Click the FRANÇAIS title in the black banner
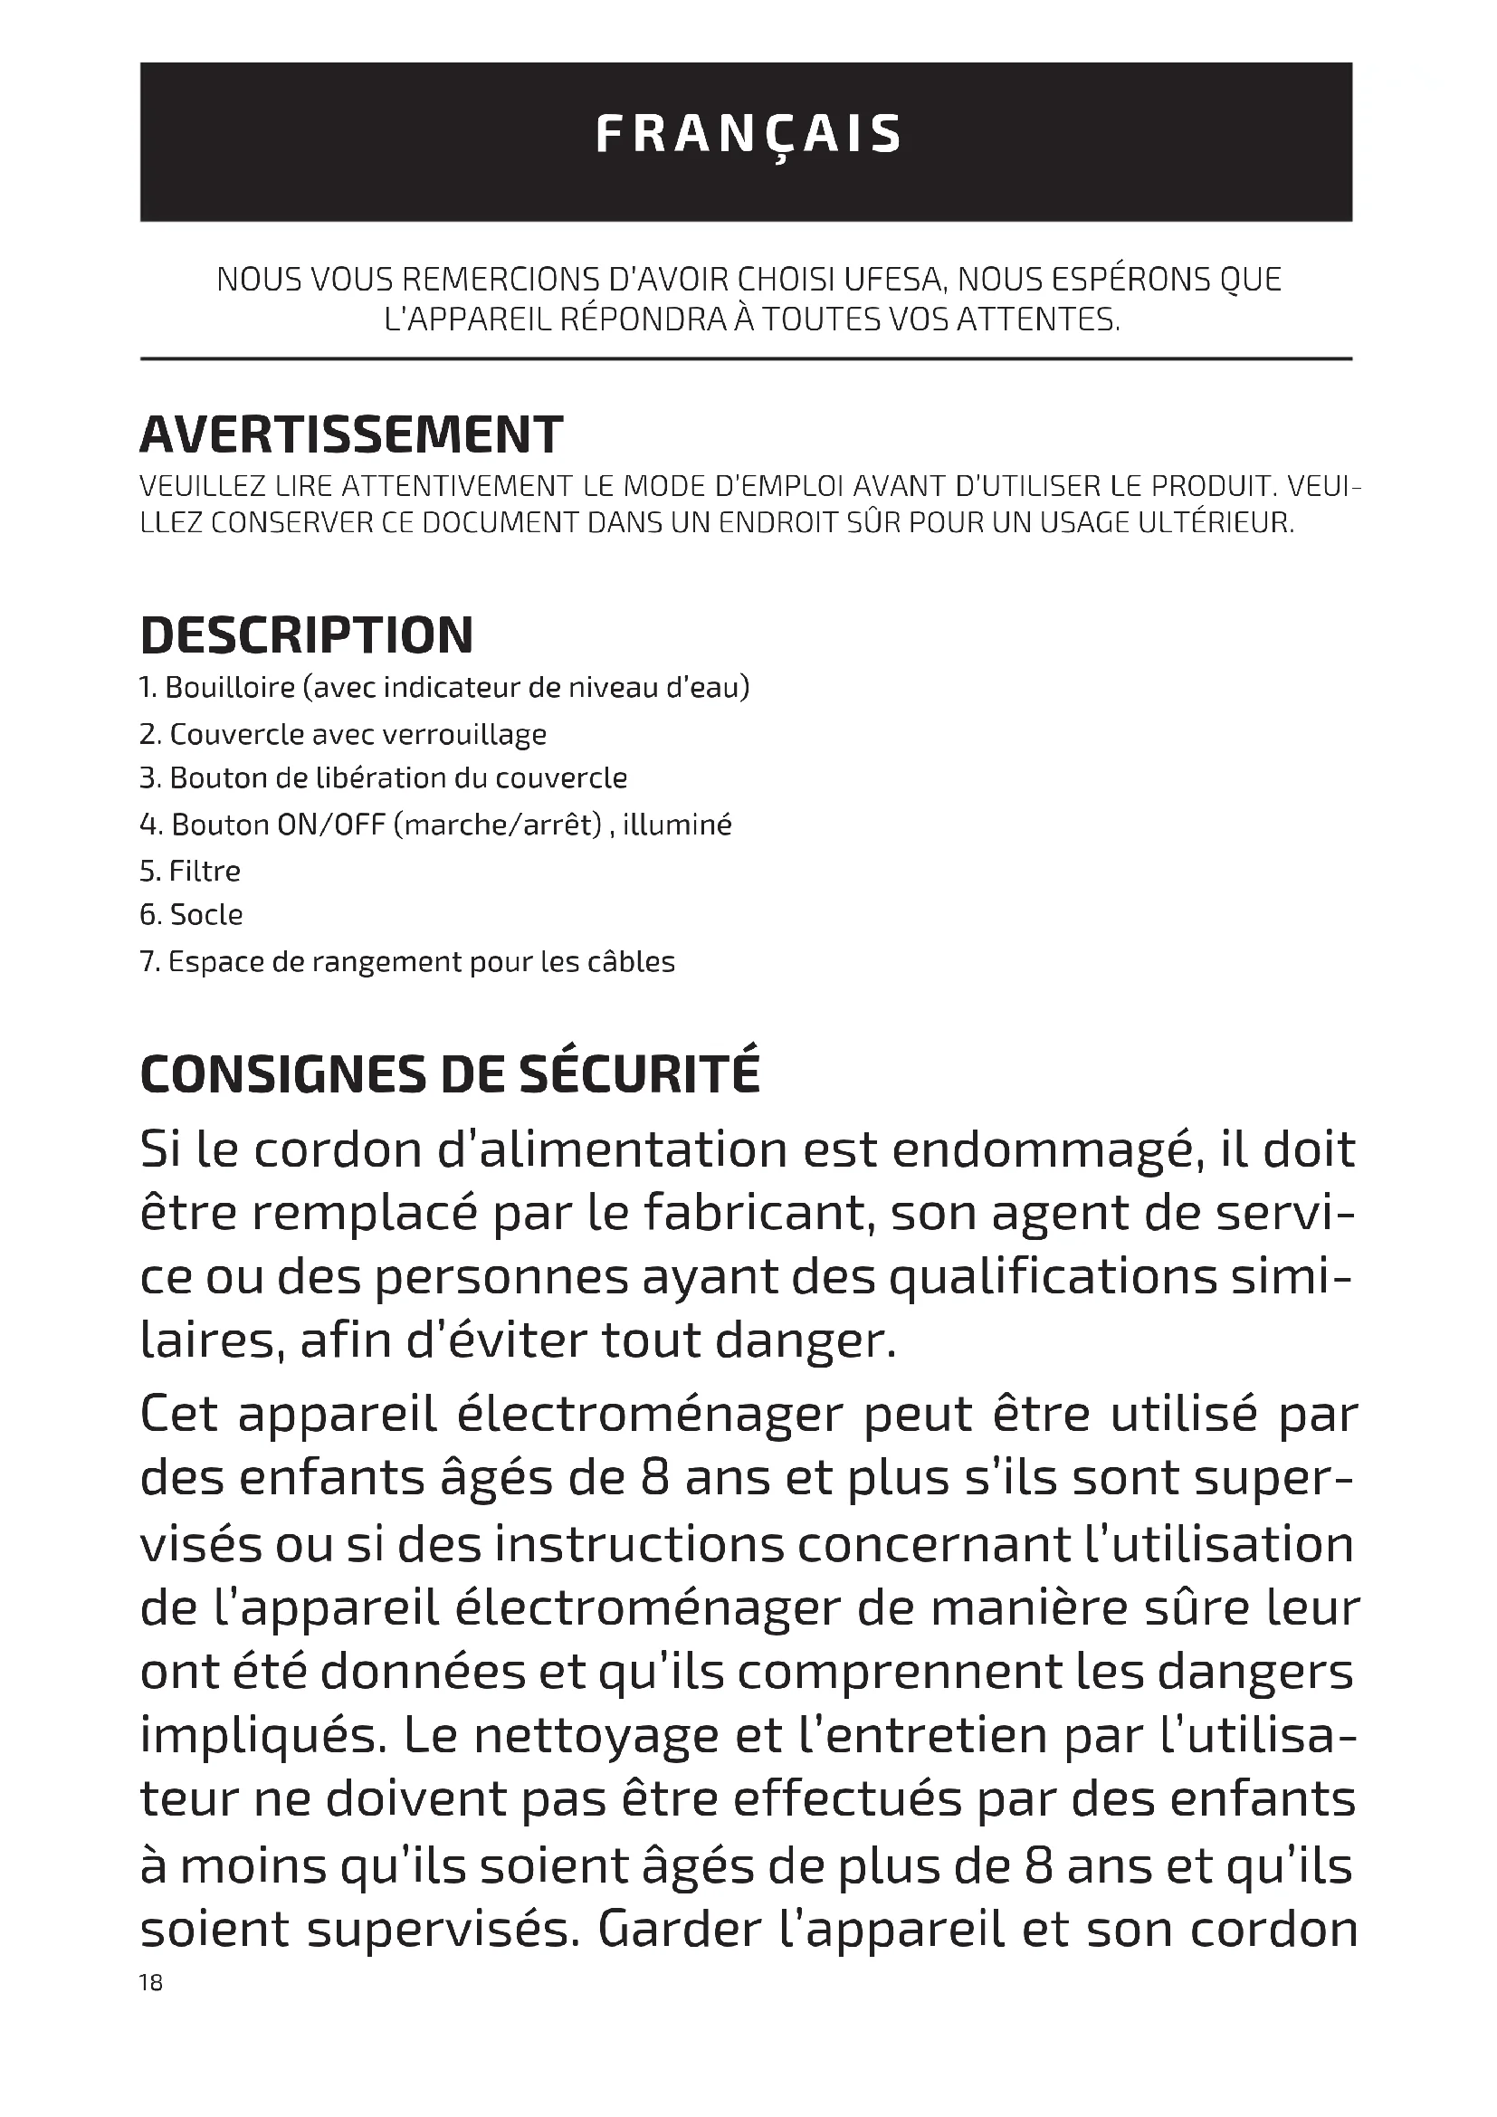pos(748,136)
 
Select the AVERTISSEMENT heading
pos(351,435)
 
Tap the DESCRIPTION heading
pos(307,636)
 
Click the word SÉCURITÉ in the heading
pos(641,1075)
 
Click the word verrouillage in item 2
pos(464,735)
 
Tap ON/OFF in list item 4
pos(331,825)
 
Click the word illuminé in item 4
pos(678,825)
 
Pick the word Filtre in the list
pos(205,871)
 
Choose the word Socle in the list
pos(206,915)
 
